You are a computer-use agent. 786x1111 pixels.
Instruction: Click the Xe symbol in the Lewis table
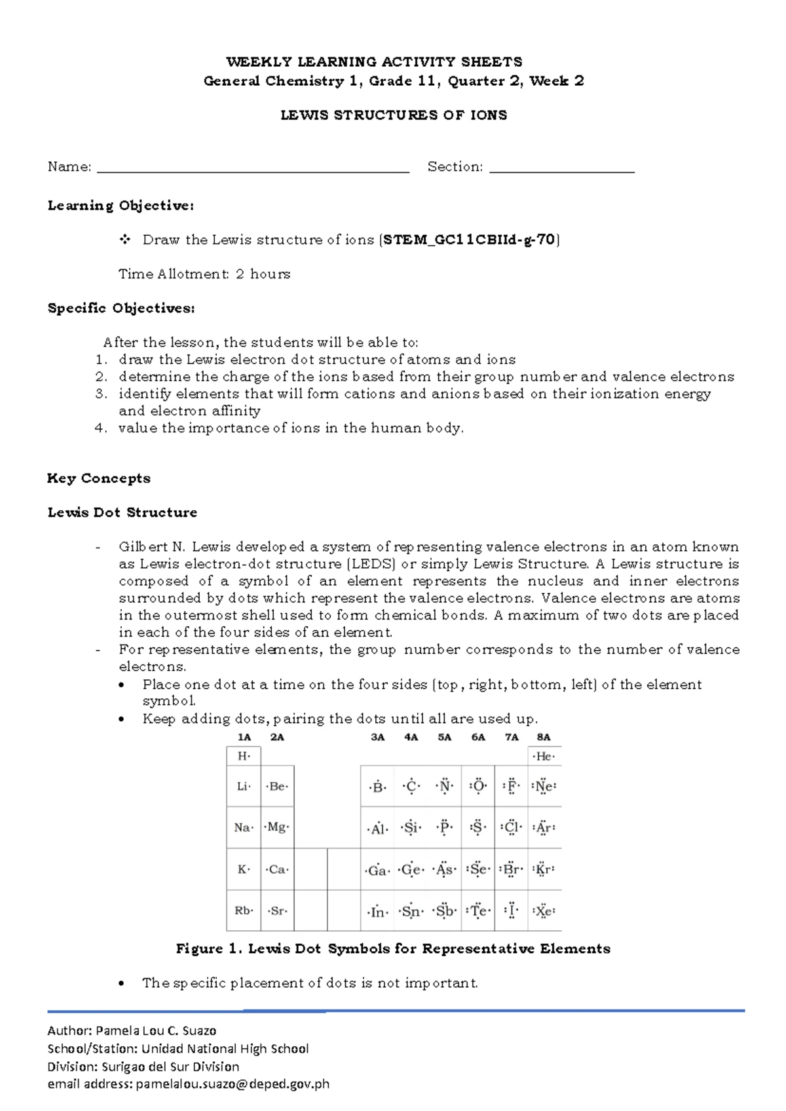pos(544,911)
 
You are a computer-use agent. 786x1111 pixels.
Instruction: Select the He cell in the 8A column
pos(544,757)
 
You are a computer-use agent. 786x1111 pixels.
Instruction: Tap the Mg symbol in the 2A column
pos(277,827)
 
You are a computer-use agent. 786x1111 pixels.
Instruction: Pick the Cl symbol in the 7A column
pos(512,827)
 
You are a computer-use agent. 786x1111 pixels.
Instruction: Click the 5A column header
pos(445,737)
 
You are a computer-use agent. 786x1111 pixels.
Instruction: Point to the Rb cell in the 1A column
pos(243,911)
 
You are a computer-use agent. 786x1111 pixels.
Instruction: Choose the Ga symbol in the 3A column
pos(377,871)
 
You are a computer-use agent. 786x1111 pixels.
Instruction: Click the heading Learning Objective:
pos(121,206)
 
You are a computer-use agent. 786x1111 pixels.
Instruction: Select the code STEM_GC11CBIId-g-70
pos(469,240)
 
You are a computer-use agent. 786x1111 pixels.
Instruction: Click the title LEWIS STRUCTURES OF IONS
pos(394,115)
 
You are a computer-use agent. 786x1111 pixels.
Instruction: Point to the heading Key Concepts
pos(99,478)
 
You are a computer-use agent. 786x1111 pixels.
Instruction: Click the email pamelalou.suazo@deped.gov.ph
pos(233,1084)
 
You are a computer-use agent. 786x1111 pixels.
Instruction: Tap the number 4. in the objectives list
pos(100,428)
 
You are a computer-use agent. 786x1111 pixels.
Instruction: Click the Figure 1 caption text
pos(393,949)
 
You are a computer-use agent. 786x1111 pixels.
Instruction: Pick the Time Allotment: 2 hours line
pos(204,274)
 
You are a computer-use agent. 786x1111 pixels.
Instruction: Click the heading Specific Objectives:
pos(121,308)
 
